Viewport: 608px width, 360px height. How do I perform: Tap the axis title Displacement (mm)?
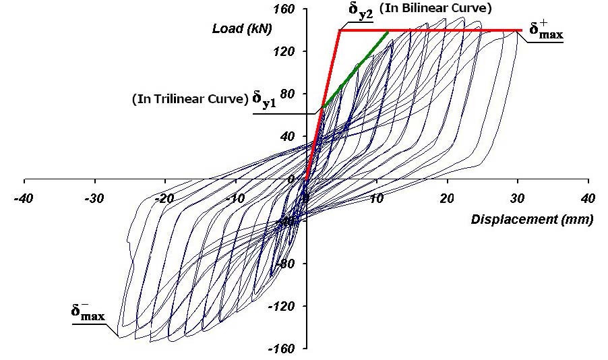pyautogui.click(x=532, y=220)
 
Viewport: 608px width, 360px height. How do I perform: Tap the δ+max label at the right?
pyautogui.click(x=545, y=30)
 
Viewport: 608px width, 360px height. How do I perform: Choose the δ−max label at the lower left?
pyautogui.click(x=88, y=312)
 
